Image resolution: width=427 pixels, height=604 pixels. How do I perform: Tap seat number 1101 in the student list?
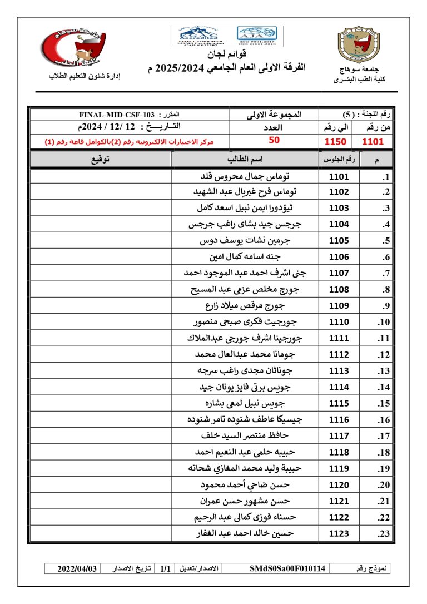click(x=339, y=177)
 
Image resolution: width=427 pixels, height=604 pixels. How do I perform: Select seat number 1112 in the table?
click(x=339, y=354)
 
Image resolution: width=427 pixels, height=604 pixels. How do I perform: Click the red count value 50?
click(x=274, y=141)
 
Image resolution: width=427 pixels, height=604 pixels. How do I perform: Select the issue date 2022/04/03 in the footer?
click(x=78, y=568)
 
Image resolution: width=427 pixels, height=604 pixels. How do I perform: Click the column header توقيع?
click(x=100, y=160)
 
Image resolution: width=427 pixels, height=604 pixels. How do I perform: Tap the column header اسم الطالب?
click(x=245, y=160)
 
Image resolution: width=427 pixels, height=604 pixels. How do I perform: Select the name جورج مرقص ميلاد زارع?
click(x=245, y=305)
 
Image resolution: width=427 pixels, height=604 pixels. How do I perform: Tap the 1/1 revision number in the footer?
click(x=165, y=568)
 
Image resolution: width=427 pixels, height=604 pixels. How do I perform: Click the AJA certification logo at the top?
click(x=260, y=36)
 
